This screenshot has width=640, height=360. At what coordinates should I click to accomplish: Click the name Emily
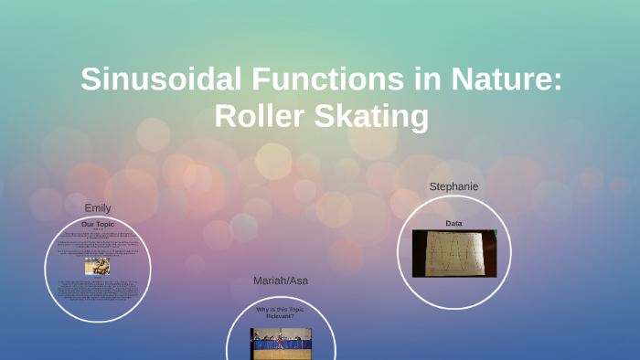tap(97, 207)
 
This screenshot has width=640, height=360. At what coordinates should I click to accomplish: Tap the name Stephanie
tap(453, 186)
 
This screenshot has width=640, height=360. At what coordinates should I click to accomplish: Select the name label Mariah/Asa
tap(281, 281)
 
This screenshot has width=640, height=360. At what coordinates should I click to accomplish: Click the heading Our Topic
tap(98, 224)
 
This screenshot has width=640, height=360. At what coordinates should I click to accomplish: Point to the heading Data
tap(453, 223)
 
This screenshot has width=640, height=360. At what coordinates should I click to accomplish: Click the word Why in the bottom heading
tap(261, 309)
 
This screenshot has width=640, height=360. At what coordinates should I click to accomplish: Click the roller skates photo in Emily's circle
tap(98, 266)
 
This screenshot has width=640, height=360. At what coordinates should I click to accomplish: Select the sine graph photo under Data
tap(453, 253)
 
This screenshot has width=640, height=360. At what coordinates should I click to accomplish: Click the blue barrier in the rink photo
tap(265, 347)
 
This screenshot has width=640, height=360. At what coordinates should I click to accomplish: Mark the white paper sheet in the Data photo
tap(454, 252)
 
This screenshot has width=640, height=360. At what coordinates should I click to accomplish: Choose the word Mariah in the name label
tap(271, 281)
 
